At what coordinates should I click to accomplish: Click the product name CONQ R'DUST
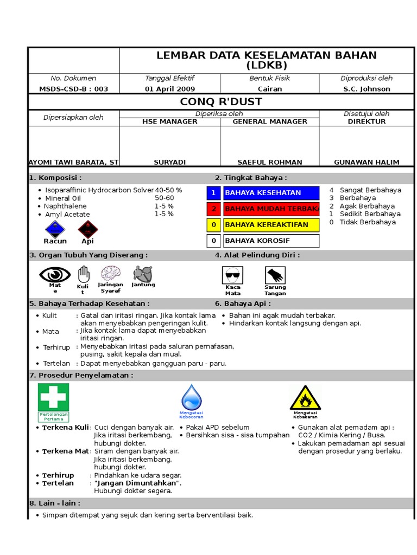tap(220, 101)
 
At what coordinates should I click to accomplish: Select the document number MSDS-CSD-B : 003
tap(73, 89)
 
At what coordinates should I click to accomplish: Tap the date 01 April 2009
tap(170, 89)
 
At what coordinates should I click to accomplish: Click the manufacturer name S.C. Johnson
tap(367, 89)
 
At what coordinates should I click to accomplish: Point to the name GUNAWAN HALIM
tap(367, 162)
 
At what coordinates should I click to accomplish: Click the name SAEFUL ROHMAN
tap(270, 162)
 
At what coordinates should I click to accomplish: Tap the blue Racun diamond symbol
tap(55, 228)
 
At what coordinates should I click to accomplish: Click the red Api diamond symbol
tap(87, 228)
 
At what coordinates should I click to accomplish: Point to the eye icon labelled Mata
tap(55, 274)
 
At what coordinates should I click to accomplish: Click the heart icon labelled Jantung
tap(143, 273)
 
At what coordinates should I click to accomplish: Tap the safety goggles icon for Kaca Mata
tap(233, 275)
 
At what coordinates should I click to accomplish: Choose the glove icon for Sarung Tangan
tap(275, 275)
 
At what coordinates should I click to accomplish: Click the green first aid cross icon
tap(53, 397)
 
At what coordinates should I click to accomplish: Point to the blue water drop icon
tap(191, 397)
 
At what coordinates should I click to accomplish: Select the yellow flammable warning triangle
tap(305, 398)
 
